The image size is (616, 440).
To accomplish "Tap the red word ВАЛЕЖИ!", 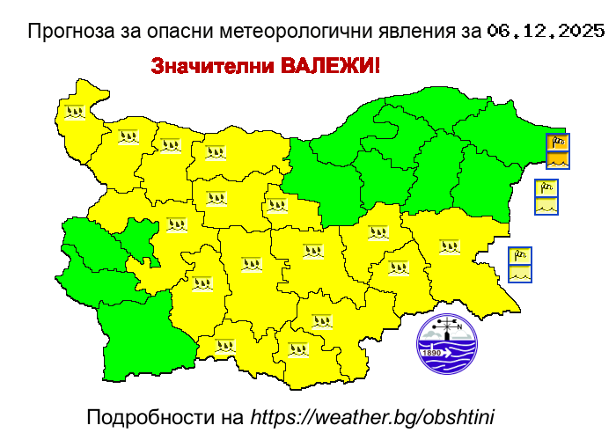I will pos(331,67).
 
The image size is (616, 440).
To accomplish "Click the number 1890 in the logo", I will pos(432,353).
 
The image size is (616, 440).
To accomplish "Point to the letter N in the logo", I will pos(458,325).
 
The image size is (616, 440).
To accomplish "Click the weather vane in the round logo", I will pos(448,326).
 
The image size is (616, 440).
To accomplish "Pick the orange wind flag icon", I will pos(558,143).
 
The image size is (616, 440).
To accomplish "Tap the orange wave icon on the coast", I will pos(558,160).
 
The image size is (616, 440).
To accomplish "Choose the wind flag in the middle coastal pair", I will pos(546,188).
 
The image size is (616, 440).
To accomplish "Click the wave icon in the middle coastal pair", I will pos(546,206).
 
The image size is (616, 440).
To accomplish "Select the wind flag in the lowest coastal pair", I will pos(520,256).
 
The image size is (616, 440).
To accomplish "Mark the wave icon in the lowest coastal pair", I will pos(520,274).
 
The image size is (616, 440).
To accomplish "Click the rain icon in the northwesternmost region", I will pos(75,113).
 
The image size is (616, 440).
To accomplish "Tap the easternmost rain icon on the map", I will pos(450,246).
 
